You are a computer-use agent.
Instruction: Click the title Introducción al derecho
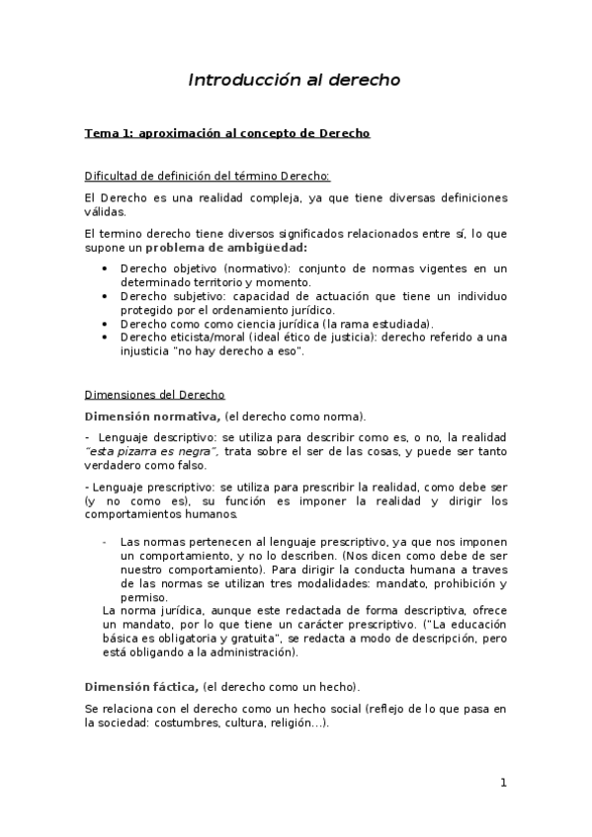point(295,81)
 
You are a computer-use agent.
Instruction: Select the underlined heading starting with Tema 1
point(227,133)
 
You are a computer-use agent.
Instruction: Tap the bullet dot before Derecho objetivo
point(107,268)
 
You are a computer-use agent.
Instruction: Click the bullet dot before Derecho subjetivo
point(107,296)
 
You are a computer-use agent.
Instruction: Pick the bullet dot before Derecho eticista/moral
point(107,337)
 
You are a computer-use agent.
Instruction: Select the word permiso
point(141,597)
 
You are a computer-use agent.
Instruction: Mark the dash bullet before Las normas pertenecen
point(105,542)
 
